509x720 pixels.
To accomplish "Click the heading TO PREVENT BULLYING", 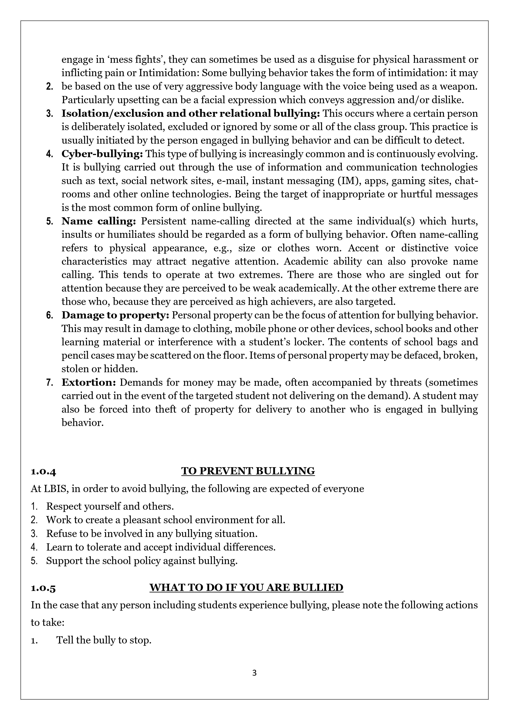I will (x=248, y=471).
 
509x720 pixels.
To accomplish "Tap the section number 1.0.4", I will (x=43, y=471).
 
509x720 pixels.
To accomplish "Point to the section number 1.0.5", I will (x=43, y=588).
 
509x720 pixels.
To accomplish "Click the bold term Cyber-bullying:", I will (x=102, y=154).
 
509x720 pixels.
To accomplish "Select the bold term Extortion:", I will (x=89, y=382).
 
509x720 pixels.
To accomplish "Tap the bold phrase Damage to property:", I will (x=116, y=315).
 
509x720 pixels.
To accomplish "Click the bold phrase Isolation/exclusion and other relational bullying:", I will (x=191, y=113).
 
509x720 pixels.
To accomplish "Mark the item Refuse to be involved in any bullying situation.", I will (x=152, y=533).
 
